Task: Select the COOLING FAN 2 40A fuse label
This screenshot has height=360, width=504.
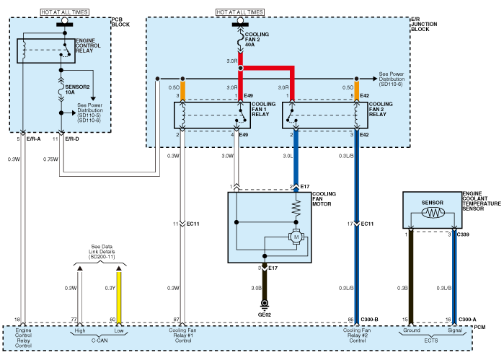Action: click(257, 39)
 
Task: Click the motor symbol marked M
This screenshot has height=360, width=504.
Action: click(294, 237)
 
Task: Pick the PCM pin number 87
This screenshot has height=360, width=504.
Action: click(176, 319)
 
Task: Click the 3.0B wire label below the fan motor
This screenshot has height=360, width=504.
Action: click(256, 289)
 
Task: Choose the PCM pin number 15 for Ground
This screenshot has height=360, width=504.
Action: click(405, 319)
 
